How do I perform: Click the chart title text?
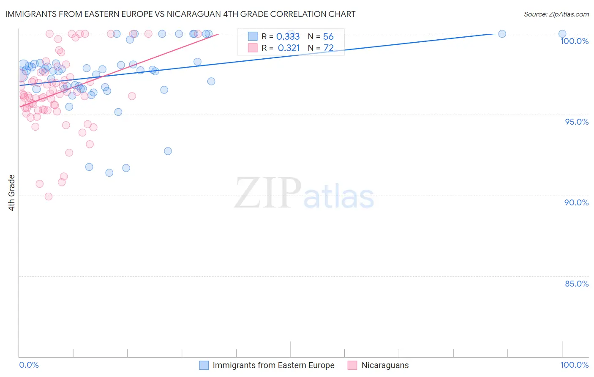(180, 14)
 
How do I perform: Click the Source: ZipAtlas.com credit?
(556, 14)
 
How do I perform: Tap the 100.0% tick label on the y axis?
(574, 41)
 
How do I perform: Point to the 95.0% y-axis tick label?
(577, 122)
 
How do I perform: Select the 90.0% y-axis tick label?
(576, 202)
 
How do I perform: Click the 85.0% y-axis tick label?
(577, 284)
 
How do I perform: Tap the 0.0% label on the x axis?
(29, 365)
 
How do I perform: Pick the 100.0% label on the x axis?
(574, 365)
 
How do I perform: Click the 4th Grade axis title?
(11, 193)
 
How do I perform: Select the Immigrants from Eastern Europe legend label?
(273, 365)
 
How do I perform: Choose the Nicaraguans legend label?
(385, 365)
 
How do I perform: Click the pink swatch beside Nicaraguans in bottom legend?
(352, 365)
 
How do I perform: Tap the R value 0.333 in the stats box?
(288, 37)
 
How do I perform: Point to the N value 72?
(328, 48)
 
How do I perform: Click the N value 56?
(328, 37)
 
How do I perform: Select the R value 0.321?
(289, 48)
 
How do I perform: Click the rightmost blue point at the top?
(562, 34)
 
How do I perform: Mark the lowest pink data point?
(49, 197)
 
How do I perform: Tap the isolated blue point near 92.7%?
(168, 151)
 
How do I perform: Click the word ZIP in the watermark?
(268, 193)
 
